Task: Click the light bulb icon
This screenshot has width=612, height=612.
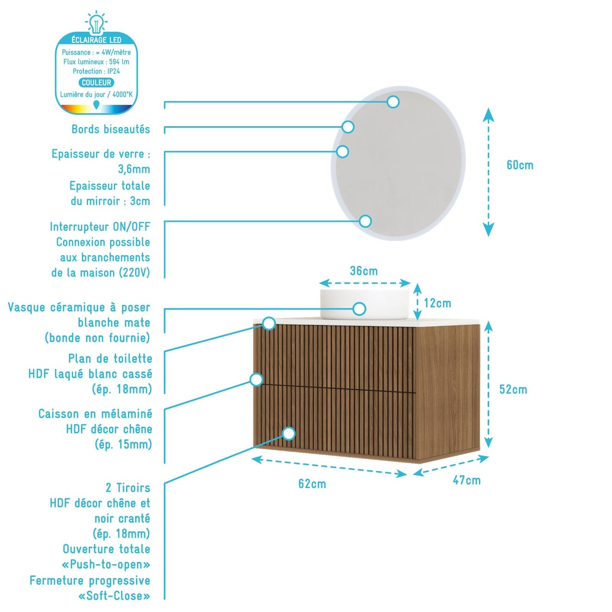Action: tap(96, 22)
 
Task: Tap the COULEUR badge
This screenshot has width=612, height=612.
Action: tap(96, 83)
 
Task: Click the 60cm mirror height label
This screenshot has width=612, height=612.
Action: tap(520, 165)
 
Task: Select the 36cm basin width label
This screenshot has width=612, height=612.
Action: tap(364, 271)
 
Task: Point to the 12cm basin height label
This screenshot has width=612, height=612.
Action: tap(438, 303)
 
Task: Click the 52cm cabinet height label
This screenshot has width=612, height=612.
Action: tap(513, 389)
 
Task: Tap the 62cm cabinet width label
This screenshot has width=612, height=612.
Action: tap(312, 484)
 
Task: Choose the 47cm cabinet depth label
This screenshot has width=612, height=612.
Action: tap(467, 480)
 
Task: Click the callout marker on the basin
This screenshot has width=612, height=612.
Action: tap(359, 309)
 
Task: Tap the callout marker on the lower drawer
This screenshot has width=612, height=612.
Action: tap(289, 434)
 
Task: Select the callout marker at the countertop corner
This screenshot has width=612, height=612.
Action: tap(269, 323)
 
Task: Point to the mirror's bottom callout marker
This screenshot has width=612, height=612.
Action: tap(365, 221)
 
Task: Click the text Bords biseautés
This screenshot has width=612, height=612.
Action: tap(111, 129)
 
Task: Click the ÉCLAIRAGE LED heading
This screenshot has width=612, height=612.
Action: tap(96, 40)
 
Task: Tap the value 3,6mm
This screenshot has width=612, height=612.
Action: tap(134, 169)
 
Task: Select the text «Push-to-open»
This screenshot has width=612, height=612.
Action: tap(106, 565)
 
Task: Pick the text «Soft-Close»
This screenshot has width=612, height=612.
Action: tap(114, 596)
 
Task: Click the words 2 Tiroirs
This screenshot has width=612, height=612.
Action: tap(128, 488)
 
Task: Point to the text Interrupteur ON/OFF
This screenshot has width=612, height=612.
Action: tap(100, 227)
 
